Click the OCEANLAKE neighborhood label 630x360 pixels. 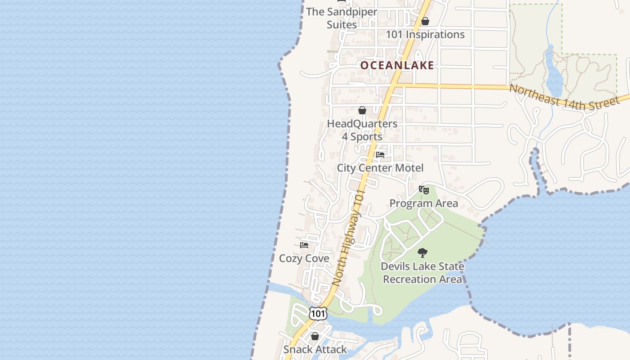[397, 65]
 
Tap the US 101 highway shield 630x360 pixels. [318, 313]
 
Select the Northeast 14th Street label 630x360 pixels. [564, 97]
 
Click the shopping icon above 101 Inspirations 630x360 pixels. [425, 21]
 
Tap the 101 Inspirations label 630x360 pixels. [425, 35]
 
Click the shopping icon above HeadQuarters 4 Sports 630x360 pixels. [362, 110]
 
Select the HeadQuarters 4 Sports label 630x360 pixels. [362, 130]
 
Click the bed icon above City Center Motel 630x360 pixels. [380, 155]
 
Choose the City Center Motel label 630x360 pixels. [380, 168]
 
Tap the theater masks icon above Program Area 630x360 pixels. [423, 190]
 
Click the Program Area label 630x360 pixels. [423, 203]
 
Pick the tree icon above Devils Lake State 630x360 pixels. [422, 253]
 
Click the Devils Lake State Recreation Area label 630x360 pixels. [422, 273]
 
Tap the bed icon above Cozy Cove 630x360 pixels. [304, 245]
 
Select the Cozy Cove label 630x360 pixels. [304, 259]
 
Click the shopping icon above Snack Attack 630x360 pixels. [315, 336]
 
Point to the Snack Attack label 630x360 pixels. [315, 350]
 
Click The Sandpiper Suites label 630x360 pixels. [342, 18]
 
